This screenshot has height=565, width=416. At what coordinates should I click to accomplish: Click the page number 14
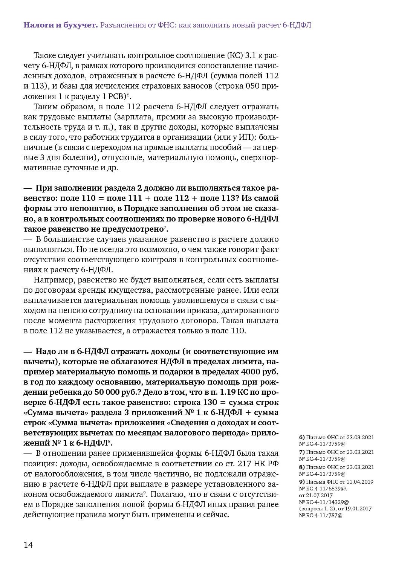(28, 545)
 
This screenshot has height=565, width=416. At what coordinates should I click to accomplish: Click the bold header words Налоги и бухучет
(60, 25)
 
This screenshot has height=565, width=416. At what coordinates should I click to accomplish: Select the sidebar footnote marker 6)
(302, 437)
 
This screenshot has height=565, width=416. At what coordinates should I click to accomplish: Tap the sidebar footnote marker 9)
(302, 482)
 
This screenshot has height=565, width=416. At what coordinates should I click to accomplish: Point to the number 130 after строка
(210, 402)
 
